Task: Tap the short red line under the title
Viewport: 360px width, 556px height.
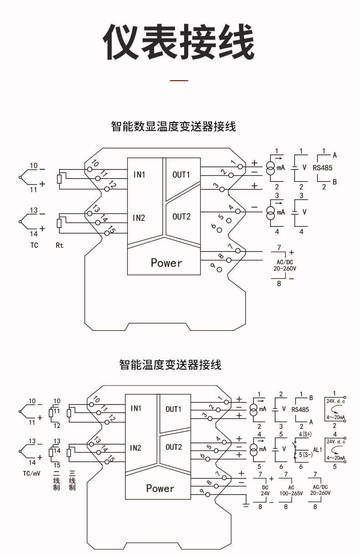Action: click(179, 81)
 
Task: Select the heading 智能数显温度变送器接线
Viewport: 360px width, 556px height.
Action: click(174, 126)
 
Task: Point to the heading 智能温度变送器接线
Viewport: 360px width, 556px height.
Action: click(170, 365)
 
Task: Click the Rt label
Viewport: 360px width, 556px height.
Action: click(60, 245)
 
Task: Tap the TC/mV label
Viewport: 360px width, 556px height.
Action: click(32, 474)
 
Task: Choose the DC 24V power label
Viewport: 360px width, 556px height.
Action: click(265, 490)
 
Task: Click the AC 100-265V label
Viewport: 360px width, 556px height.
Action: click(292, 490)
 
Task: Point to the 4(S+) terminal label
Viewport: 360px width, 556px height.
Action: click(304, 432)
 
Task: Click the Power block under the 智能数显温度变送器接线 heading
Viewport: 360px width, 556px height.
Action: click(166, 263)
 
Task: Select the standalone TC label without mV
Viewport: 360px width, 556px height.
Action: click(35, 245)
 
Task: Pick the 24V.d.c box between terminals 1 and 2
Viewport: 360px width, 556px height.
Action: click(335, 409)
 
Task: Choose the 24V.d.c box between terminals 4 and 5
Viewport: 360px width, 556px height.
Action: click(335, 449)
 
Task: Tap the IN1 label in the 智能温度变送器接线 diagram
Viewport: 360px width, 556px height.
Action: click(136, 408)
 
